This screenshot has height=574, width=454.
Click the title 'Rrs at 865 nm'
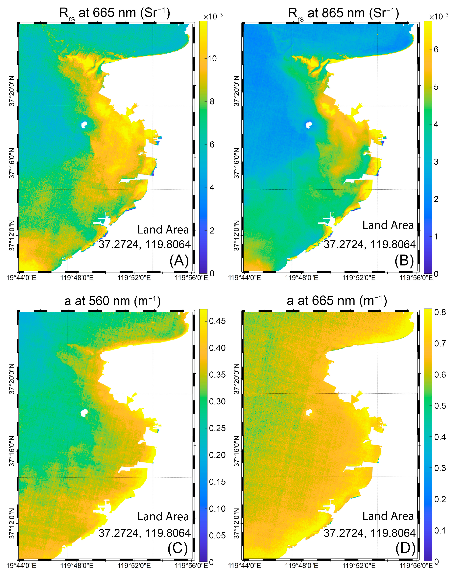pos(343,13)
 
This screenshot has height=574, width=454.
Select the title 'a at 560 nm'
pos(112,301)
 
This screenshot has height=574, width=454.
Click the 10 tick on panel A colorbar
pos(212,59)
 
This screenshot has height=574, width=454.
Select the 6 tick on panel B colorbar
pos(436,49)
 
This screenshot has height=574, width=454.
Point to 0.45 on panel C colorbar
pos(217,321)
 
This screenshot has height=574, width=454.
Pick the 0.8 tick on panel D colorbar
pos(440,312)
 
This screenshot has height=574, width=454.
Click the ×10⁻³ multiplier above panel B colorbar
pos(439,16)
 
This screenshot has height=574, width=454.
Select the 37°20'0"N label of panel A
pos(12,91)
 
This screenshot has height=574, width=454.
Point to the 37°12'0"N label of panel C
pos(12,523)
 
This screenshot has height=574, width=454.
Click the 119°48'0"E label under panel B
pos(301,278)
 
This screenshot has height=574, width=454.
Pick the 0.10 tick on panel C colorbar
pos(217,508)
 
